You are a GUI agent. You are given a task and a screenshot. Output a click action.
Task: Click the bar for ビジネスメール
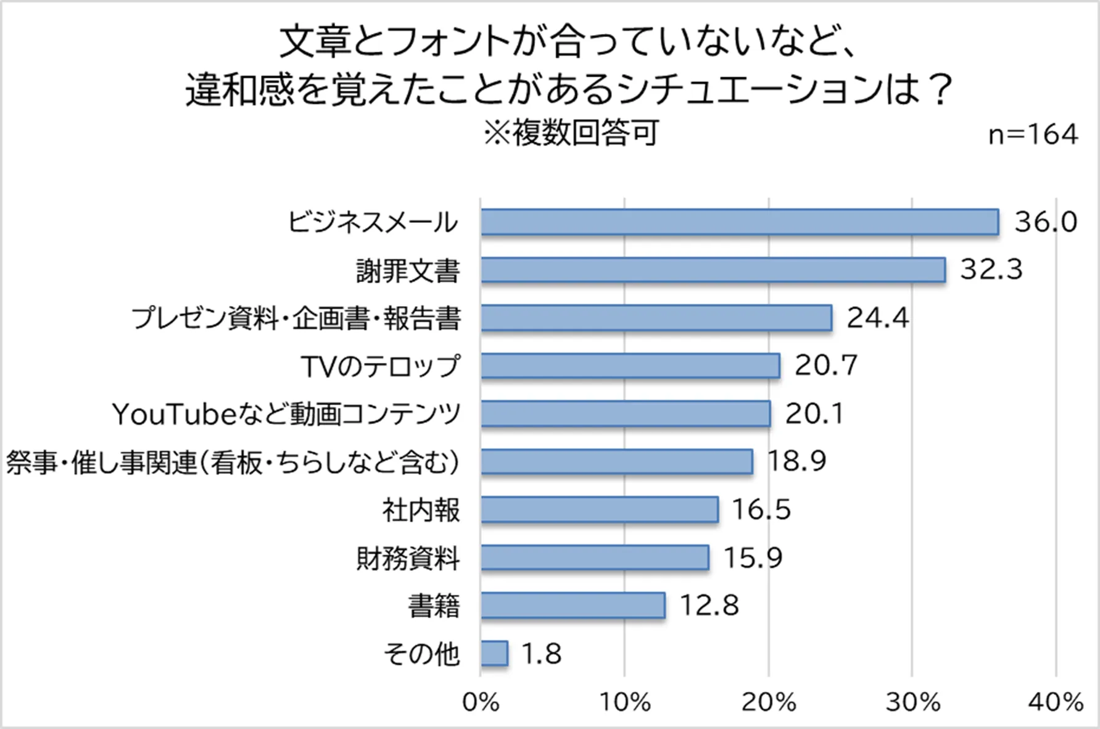coord(739,222)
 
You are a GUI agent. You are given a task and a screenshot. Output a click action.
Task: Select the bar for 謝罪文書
coord(713,270)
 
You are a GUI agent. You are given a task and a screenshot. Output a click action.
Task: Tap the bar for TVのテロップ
coord(630,366)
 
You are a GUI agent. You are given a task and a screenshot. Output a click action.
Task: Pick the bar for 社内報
coord(599,510)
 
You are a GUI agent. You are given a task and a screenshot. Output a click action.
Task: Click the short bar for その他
coord(494,654)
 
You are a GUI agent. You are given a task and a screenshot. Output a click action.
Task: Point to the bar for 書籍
coord(573,606)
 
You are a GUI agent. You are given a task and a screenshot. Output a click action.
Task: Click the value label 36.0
coord(1046,222)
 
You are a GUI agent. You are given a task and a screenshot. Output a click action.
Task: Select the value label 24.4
coord(877,319)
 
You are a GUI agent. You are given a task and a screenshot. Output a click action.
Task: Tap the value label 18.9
coord(796,462)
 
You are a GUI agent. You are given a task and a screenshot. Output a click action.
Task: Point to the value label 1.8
coord(541,654)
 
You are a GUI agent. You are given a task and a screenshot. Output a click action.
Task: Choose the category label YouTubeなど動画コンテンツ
coord(286,414)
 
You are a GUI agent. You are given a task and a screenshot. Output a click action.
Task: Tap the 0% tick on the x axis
coord(481,702)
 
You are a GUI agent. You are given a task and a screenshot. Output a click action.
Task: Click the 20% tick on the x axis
coord(768,702)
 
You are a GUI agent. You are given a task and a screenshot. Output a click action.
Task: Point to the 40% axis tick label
coord(1056,702)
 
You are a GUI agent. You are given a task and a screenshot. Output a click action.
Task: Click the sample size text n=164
coord(1033,134)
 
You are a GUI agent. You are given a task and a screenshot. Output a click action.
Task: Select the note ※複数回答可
coord(570,133)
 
